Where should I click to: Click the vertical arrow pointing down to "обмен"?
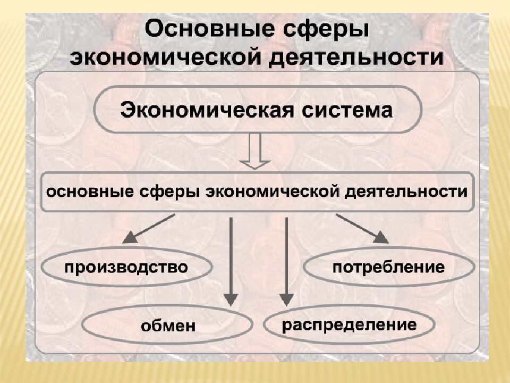click(x=231, y=261)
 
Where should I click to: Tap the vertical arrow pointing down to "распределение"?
click(x=286, y=261)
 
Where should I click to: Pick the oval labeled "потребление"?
click(x=388, y=266)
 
